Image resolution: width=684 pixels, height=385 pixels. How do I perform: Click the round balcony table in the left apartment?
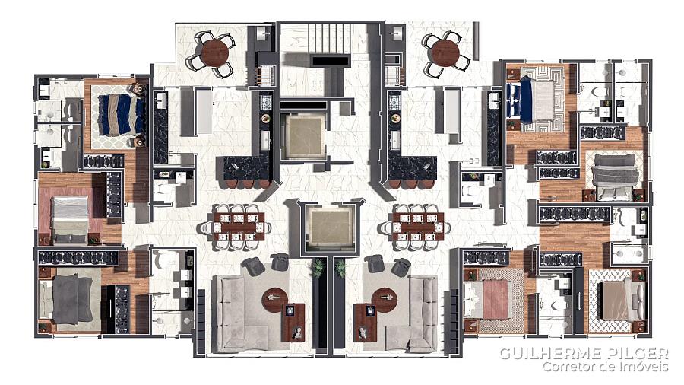coord(214,52)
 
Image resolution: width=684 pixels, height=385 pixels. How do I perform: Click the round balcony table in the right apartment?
coord(446,53)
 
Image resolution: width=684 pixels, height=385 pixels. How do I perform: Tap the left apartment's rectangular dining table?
coord(239,227)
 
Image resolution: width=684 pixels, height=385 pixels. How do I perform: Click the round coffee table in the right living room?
coord(385,300)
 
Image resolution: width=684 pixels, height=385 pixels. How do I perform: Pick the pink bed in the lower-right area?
coord(487,299)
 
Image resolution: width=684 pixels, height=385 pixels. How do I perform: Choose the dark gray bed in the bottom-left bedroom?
coord(66,300)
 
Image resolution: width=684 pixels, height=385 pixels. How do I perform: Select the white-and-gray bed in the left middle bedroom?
coord(70,220)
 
